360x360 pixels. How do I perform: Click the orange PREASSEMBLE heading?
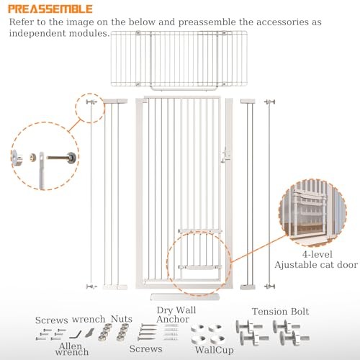(x=50, y=9)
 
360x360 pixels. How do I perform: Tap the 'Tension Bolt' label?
(x=280, y=312)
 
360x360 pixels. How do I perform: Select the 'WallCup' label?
(x=214, y=350)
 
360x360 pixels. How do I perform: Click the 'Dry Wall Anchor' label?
(x=176, y=315)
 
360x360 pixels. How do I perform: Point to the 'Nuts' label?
(x=122, y=319)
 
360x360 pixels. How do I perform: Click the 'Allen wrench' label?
(x=72, y=349)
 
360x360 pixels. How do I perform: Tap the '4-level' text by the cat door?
(x=318, y=254)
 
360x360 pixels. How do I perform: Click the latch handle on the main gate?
(x=225, y=156)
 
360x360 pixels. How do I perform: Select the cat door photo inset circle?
(x=312, y=213)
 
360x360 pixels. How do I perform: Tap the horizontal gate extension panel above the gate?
(x=179, y=59)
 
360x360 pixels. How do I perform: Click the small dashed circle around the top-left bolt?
(x=90, y=108)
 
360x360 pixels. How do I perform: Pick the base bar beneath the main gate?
(x=185, y=297)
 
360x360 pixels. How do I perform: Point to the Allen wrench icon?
(x=75, y=334)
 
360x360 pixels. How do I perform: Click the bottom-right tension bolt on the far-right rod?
(x=270, y=286)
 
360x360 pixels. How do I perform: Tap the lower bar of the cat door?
(x=200, y=267)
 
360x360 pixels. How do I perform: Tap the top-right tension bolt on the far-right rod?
(x=270, y=102)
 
